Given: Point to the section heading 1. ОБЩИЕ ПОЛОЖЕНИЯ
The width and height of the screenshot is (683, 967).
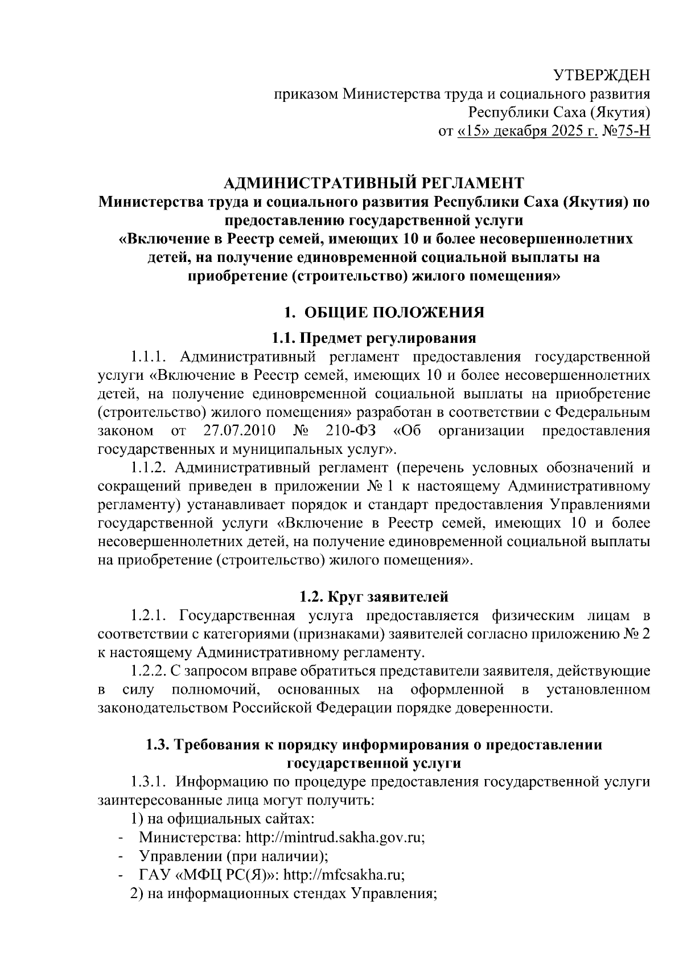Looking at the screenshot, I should coord(384,313).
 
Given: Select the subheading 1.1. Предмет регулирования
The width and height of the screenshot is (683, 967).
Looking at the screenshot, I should coord(373,339).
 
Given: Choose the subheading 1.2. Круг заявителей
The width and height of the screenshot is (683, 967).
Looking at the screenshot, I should coord(374,597).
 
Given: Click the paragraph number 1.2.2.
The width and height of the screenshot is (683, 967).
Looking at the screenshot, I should coord(148,671).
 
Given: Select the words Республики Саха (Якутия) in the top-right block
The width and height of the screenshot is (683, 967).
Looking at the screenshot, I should coord(559,112).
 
